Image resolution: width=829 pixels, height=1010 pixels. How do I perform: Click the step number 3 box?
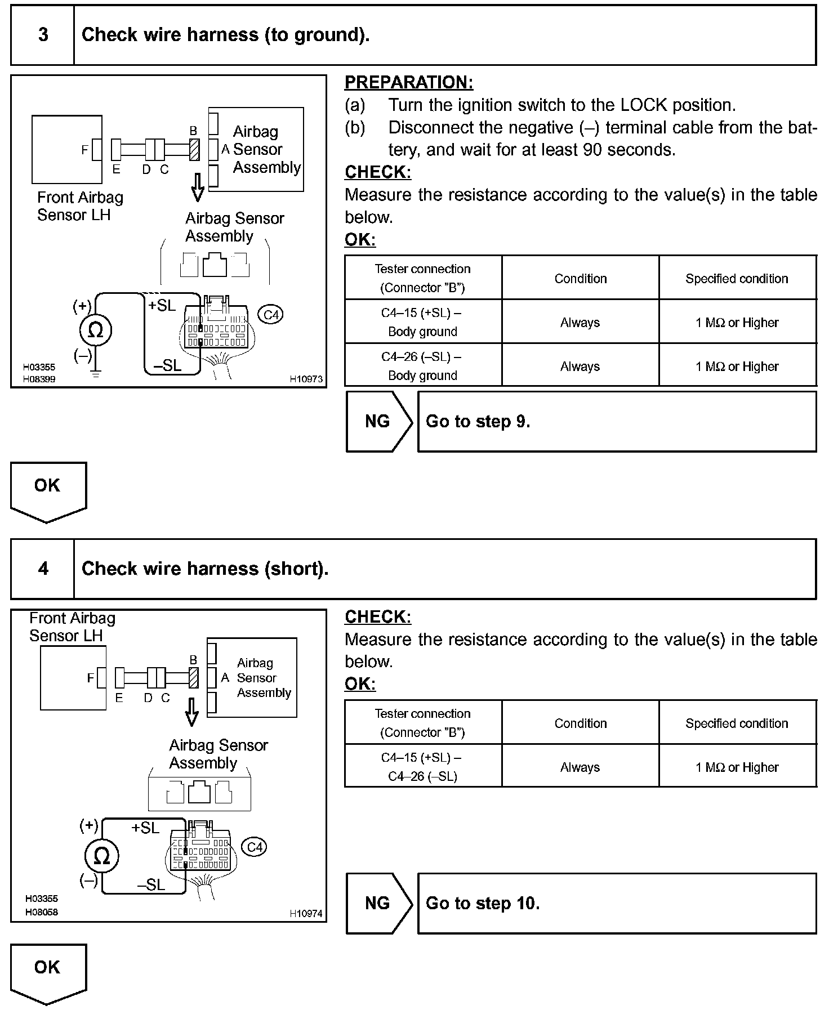(x=43, y=35)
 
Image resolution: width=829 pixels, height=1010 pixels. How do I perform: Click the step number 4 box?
(x=43, y=569)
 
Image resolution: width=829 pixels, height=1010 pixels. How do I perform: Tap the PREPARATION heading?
(x=409, y=82)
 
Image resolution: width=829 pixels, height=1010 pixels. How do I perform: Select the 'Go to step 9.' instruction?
(x=478, y=422)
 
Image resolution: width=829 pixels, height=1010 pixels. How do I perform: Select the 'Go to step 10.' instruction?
(x=483, y=904)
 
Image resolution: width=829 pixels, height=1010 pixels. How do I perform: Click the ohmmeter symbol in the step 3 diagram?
(x=96, y=330)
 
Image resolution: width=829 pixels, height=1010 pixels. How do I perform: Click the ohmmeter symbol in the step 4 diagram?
(x=101, y=856)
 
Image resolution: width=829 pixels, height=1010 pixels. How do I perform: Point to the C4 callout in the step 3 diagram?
(x=271, y=314)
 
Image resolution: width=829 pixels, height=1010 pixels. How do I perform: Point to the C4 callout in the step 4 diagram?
(x=254, y=847)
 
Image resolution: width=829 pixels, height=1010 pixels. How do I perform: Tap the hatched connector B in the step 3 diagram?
(x=195, y=150)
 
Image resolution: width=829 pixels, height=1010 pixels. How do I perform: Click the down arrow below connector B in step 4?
(x=192, y=712)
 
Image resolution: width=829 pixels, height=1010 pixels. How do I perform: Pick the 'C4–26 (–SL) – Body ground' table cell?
(x=422, y=366)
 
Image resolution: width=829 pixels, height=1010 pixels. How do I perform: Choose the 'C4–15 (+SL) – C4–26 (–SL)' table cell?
(x=422, y=767)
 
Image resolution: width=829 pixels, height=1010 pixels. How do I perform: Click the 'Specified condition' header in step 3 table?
(x=737, y=278)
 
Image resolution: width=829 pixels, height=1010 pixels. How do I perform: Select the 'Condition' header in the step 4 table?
(x=580, y=723)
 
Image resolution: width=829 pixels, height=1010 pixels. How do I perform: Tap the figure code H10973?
(x=306, y=379)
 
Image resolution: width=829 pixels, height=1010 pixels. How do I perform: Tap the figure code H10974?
(x=306, y=913)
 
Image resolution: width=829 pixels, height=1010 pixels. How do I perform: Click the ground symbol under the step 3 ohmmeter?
(x=96, y=373)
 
